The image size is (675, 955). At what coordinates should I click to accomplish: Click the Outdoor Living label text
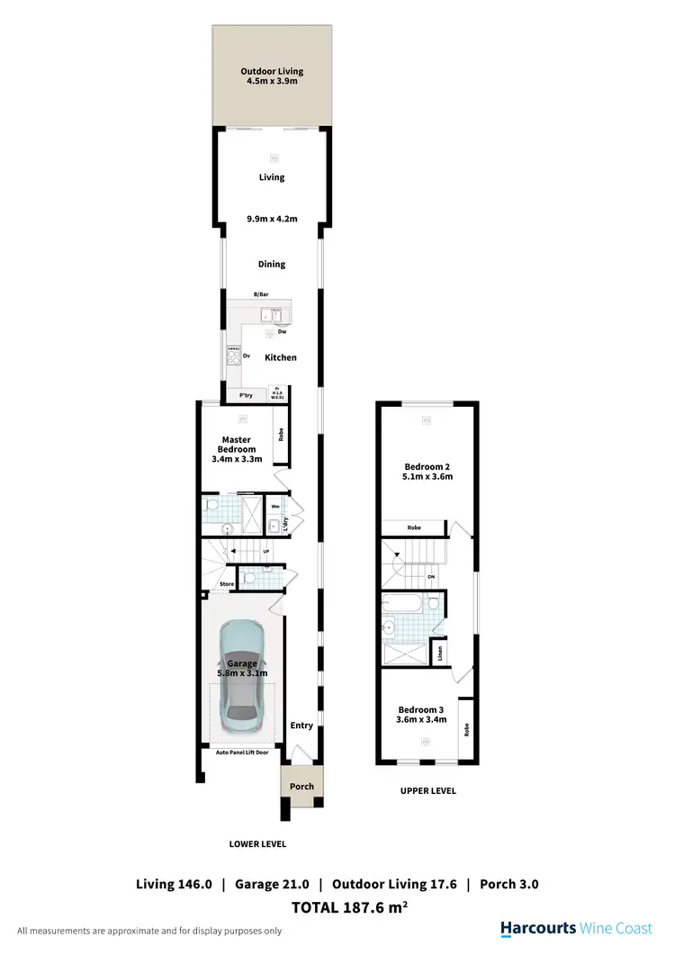pyautogui.click(x=271, y=71)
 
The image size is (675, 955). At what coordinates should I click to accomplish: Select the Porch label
pyautogui.click(x=301, y=786)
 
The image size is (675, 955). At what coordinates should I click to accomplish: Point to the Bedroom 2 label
pyautogui.click(x=427, y=466)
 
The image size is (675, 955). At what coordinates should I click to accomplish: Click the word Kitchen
pyautogui.click(x=280, y=357)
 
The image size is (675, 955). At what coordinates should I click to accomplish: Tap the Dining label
pyautogui.click(x=271, y=264)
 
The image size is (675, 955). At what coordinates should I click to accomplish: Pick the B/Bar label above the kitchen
pyautogui.click(x=261, y=294)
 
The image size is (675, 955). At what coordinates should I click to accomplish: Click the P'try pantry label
pyautogui.click(x=245, y=396)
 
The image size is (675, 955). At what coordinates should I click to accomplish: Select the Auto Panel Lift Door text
pyautogui.click(x=241, y=751)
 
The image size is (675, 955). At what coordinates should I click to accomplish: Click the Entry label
pyautogui.click(x=301, y=725)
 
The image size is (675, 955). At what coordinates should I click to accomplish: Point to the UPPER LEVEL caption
pyautogui.click(x=427, y=791)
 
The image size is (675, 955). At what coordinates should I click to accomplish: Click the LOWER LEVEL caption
pyautogui.click(x=258, y=844)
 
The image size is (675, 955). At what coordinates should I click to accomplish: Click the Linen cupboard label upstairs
pyautogui.click(x=440, y=652)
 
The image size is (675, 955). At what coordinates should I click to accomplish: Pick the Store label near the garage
pyautogui.click(x=227, y=584)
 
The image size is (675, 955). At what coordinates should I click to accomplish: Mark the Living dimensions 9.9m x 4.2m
pyautogui.click(x=271, y=217)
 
